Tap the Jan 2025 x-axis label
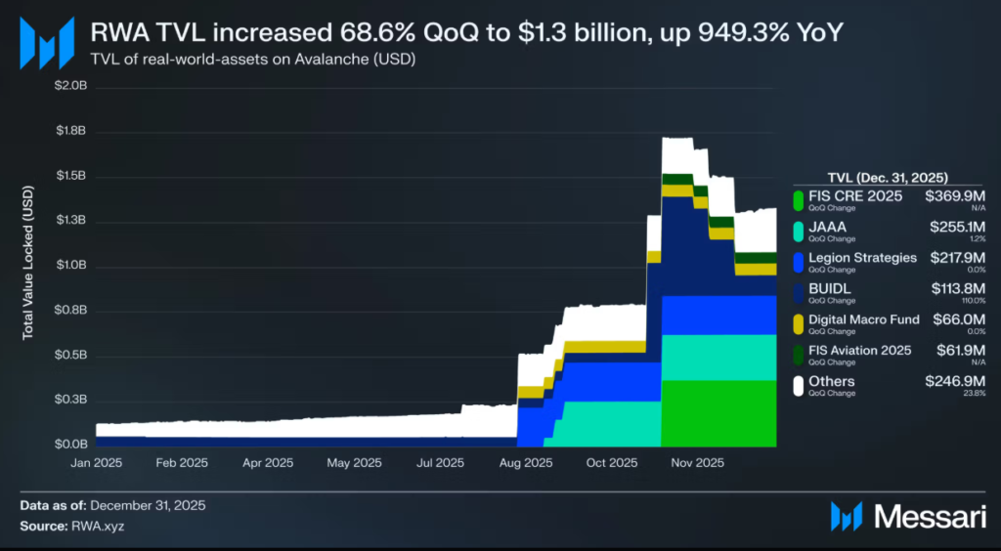pos(96,463)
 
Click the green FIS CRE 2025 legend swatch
pos(799,200)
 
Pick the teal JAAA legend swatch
pos(799,232)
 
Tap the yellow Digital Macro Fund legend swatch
pos(799,323)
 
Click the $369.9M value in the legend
pos(955,196)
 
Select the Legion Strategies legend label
pos(863,258)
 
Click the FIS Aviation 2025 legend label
pos(860,350)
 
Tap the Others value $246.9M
pos(955,381)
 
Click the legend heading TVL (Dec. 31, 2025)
pos(888,177)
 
